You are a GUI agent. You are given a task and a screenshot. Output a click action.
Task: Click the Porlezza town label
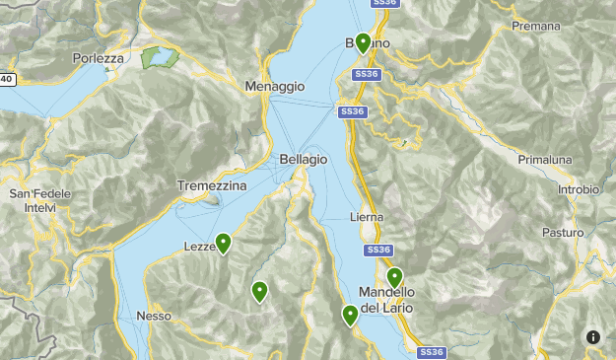[x=99, y=58]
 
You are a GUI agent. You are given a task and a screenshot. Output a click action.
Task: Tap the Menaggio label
[x=275, y=87]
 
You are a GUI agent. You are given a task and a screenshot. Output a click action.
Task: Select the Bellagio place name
[x=304, y=159]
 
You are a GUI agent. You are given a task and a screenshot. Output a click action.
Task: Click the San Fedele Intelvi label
[x=40, y=201]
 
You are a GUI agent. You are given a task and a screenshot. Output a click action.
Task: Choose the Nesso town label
[x=155, y=317]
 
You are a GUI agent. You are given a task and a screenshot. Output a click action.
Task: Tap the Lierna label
[x=367, y=217]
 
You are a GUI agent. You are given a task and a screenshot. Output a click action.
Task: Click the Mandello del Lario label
[x=386, y=300]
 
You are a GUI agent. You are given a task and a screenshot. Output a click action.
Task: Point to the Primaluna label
[x=546, y=159]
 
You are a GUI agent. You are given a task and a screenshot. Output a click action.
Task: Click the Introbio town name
[x=578, y=189]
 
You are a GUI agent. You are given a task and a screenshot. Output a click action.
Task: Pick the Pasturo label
[x=562, y=233]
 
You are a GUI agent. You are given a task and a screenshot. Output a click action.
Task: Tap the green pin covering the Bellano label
[x=364, y=42]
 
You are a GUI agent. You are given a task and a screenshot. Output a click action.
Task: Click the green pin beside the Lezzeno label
[x=224, y=243]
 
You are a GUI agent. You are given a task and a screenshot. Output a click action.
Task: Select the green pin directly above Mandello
[x=394, y=277]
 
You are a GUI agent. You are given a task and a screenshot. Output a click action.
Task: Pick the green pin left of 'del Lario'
[x=350, y=315]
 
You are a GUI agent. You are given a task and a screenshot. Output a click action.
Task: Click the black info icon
[x=593, y=337]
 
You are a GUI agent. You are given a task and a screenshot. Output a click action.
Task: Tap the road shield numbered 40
[x=7, y=79]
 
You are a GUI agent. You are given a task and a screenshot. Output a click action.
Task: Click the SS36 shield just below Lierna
[x=379, y=251]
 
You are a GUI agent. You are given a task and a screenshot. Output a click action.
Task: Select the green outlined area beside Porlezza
[x=158, y=57]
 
